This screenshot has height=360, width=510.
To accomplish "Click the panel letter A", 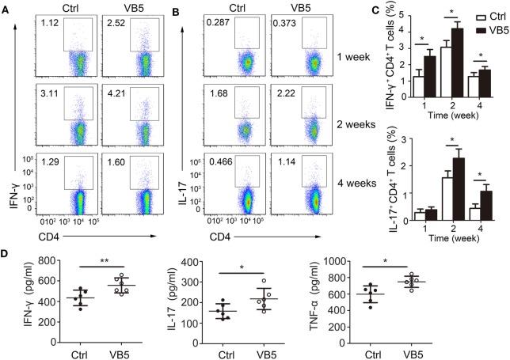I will click(x=6, y=11).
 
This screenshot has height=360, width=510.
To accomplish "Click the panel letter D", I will click(x=6, y=255).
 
